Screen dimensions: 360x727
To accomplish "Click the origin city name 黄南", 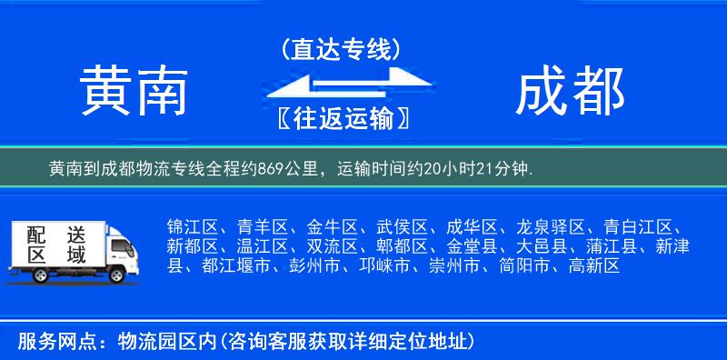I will point(134,92).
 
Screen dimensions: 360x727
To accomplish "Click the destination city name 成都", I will point(570,92).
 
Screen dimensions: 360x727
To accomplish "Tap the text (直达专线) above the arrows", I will point(341,49).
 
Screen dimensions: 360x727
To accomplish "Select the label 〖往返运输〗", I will point(341,118).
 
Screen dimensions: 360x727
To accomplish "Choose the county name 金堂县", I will point(471,246).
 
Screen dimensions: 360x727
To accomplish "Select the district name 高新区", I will point(593,265).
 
